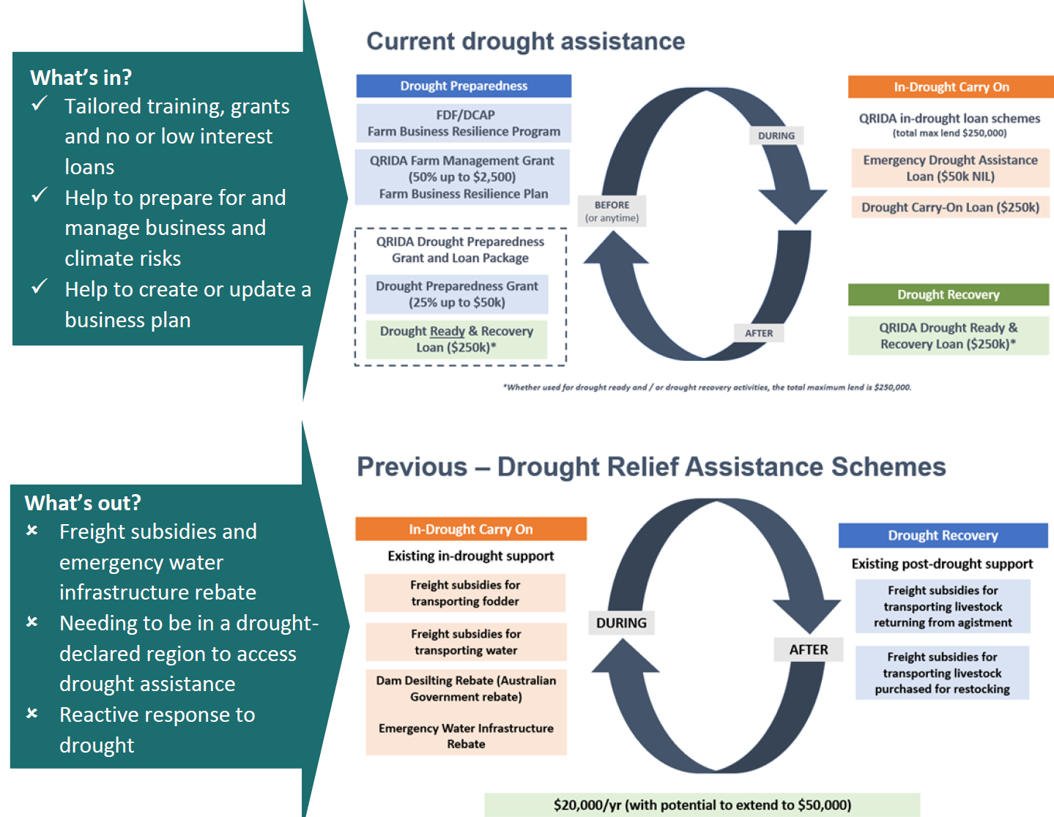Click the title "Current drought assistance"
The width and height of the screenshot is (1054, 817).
(x=525, y=42)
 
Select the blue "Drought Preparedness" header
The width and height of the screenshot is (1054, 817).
(x=464, y=86)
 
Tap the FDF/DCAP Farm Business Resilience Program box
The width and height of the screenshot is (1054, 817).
(x=464, y=123)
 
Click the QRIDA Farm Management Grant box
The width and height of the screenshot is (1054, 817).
(x=462, y=177)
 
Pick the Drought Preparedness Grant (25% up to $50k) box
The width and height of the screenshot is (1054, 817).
(x=457, y=294)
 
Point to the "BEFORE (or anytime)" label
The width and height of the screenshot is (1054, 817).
(x=612, y=211)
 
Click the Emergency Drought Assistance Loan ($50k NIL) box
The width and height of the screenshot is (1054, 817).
(x=950, y=168)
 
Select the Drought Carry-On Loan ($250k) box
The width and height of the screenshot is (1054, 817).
(x=950, y=207)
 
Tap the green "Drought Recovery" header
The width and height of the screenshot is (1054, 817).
(x=949, y=294)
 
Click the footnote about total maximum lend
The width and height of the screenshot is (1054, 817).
(x=707, y=387)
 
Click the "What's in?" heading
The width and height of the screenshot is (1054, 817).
(x=81, y=78)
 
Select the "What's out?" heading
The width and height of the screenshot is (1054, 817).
(x=83, y=503)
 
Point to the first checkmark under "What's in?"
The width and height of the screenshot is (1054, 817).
(x=40, y=104)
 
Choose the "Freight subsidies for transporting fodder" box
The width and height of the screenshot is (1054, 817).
(x=465, y=593)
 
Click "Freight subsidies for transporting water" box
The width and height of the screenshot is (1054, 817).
(x=466, y=642)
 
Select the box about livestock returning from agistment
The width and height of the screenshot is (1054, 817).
(x=943, y=606)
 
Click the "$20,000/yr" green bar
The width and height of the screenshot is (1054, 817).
(x=702, y=805)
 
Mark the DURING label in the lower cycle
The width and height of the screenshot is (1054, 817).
(x=621, y=623)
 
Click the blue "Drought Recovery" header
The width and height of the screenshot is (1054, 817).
(x=943, y=535)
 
